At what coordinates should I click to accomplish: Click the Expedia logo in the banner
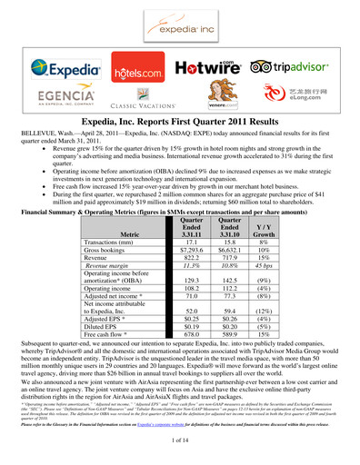pyautogui.click(x=65, y=67)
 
